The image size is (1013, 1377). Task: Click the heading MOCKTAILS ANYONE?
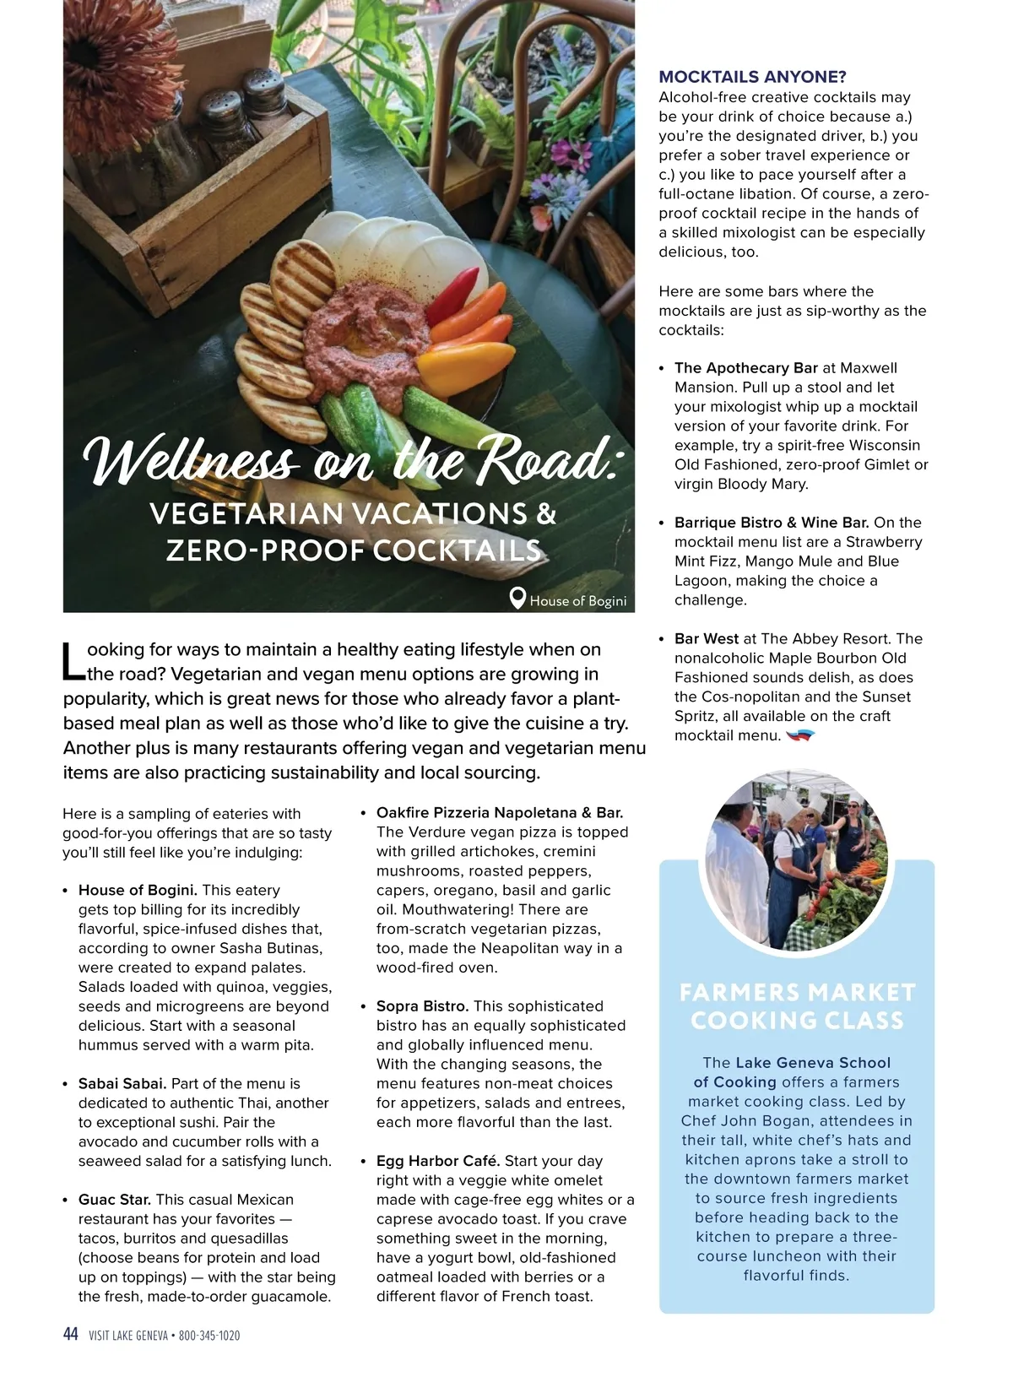[x=752, y=77]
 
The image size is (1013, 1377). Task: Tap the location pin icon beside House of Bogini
[x=518, y=599]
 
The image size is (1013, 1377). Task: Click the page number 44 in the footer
[x=71, y=1334]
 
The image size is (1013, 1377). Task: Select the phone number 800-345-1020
[x=209, y=1336]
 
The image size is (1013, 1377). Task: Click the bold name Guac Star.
[x=115, y=1199]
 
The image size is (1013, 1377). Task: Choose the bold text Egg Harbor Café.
[x=438, y=1161]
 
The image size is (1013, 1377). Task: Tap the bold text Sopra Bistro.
[x=422, y=1006]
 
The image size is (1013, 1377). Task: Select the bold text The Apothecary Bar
[x=746, y=368]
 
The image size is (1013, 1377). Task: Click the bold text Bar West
[x=707, y=638]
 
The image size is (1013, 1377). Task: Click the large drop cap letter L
[x=74, y=662]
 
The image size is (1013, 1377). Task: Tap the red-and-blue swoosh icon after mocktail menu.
[x=799, y=736]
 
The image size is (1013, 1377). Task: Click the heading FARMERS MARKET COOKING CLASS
[x=797, y=1006]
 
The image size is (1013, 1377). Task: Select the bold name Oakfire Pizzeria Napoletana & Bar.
[x=500, y=812]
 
